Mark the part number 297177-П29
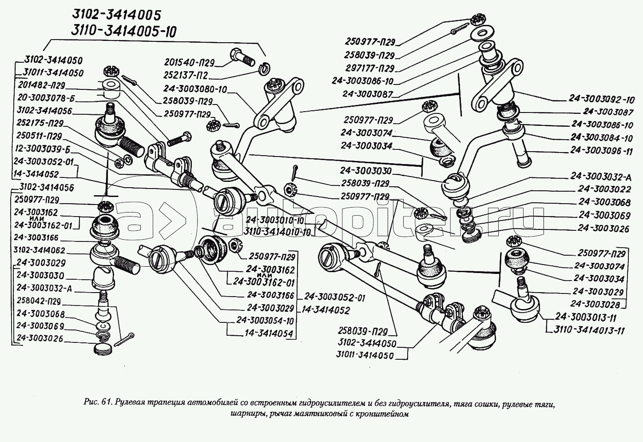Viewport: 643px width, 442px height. coord(369,68)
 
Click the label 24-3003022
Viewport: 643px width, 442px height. coord(604,189)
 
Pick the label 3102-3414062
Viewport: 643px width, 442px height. coord(39,250)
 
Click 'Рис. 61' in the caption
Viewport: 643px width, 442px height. coord(96,404)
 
